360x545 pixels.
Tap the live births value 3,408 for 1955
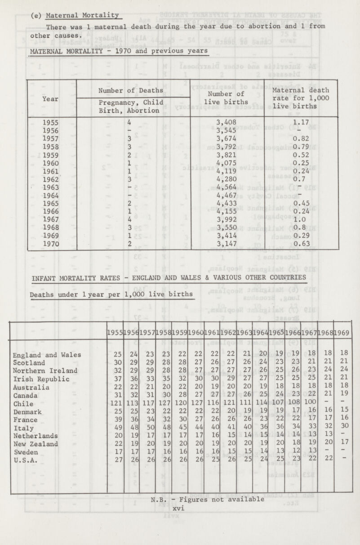tap(227, 121)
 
